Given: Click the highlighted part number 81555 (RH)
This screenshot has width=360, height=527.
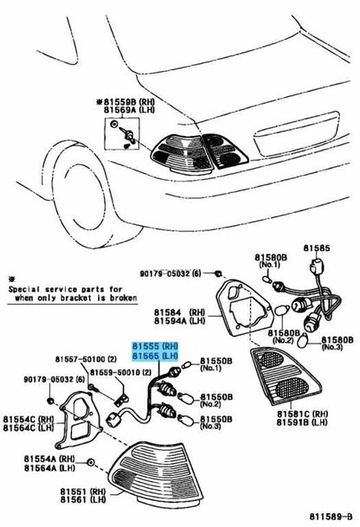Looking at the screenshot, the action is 155,346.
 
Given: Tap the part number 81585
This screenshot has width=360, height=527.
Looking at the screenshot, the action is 317,248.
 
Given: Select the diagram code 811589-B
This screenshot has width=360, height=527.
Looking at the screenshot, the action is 331,517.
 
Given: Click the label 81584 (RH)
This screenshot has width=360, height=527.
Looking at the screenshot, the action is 179,312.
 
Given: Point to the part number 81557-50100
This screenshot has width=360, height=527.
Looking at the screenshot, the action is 80,359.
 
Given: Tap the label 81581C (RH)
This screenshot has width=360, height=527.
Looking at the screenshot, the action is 303,414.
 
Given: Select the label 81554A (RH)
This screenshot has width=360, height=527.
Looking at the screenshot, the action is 49,459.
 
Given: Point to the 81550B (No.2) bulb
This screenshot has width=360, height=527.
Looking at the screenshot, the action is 186,399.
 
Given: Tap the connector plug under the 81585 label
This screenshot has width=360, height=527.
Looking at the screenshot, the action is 317,267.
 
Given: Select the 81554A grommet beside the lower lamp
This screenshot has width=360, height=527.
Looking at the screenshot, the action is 90,462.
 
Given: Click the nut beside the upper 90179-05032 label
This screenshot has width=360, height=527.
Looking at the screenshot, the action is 218,273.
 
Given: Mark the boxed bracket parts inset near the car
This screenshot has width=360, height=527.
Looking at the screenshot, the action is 121,134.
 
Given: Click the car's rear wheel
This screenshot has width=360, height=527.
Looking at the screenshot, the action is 80,195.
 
